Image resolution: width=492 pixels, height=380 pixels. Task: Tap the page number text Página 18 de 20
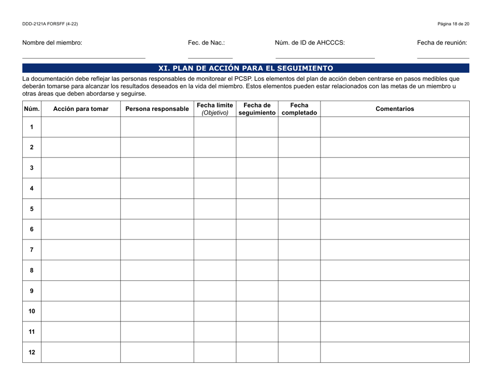pyautogui.click(x=453, y=24)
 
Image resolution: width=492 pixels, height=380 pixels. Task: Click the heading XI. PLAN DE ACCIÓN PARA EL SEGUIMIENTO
pyautogui.click(x=245, y=68)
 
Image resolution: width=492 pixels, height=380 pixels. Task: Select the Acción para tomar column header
pyautogui.click(x=80, y=109)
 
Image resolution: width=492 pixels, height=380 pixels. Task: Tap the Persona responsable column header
pyautogui.click(x=157, y=109)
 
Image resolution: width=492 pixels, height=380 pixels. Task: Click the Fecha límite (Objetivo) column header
pyautogui.click(x=215, y=109)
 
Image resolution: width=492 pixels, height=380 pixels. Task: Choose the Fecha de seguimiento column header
pyautogui.click(x=257, y=109)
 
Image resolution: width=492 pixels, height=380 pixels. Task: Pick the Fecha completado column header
pyautogui.click(x=299, y=109)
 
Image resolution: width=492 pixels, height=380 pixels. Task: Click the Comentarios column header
pyautogui.click(x=395, y=109)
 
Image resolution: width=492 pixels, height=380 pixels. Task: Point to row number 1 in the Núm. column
pyautogui.click(x=32, y=127)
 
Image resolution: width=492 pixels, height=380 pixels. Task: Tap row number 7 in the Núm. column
pyautogui.click(x=32, y=250)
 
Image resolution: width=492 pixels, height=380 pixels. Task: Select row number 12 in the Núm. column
pyautogui.click(x=32, y=352)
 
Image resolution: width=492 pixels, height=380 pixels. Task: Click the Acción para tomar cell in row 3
pyautogui.click(x=80, y=168)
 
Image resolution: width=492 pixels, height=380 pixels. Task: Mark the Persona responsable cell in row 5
pyautogui.click(x=157, y=209)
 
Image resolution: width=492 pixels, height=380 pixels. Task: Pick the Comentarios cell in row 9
pyautogui.click(x=395, y=291)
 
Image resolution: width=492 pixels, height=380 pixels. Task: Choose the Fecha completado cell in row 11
pyautogui.click(x=299, y=332)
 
